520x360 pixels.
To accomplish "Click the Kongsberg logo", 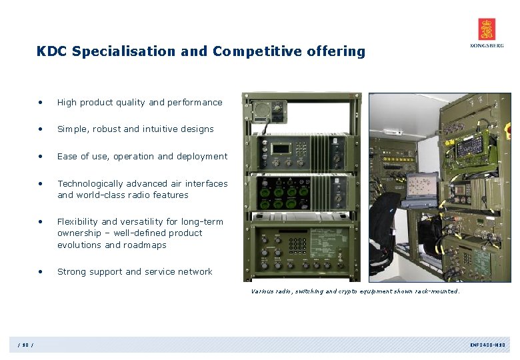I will [x=487, y=33].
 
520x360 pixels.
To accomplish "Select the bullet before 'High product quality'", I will [x=41, y=103].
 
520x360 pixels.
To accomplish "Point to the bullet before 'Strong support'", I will [x=41, y=272].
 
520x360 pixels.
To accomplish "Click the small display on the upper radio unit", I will [x=281, y=148].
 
